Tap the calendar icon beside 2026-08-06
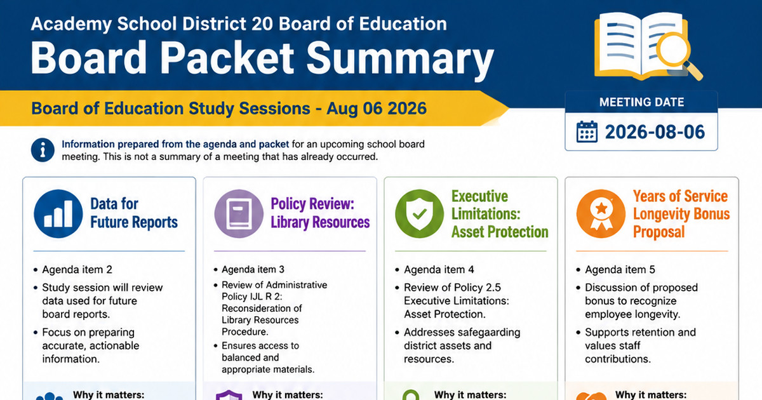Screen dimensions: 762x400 pyautogui.click(x=587, y=131)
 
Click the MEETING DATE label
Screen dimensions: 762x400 pyautogui.click(x=641, y=102)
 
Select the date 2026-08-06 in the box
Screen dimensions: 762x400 pyautogui.click(x=655, y=132)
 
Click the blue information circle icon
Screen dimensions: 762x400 pyautogui.click(x=43, y=150)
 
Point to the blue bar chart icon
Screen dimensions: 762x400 pyautogui.click(x=58, y=213)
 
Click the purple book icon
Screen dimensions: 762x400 pyautogui.click(x=239, y=213)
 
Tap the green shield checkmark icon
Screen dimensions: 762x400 pyautogui.click(x=420, y=213)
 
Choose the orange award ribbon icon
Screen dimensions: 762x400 pyautogui.click(x=601, y=213)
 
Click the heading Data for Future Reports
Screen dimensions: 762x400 pyautogui.click(x=134, y=213)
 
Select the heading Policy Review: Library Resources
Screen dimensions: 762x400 pyautogui.click(x=320, y=213)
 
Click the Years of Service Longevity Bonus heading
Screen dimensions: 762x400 pyautogui.click(x=681, y=214)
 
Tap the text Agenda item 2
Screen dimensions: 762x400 pyautogui.click(x=77, y=270)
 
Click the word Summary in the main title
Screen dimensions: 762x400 pyautogui.click(x=400, y=58)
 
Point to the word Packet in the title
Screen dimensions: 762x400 pyautogui.click(x=227, y=57)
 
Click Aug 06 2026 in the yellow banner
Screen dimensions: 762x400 pyautogui.click(x=377, y=109)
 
